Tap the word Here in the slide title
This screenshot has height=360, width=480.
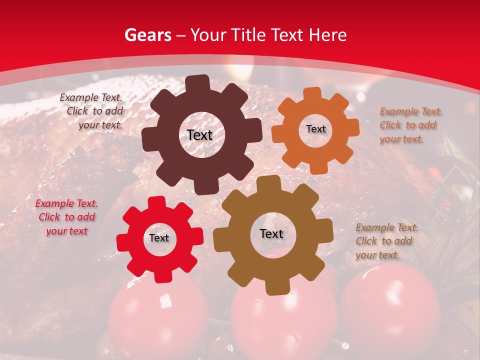(x=328, y=35)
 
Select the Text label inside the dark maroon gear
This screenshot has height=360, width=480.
(x=199, y=135)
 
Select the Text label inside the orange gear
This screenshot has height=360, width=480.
(x=315, y=129)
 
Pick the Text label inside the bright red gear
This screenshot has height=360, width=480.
(x=159, y=238)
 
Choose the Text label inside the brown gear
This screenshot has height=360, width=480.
(x=271, y=234)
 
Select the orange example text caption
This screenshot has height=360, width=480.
(x=410, y=125)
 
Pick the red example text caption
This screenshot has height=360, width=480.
(x=66, y=217)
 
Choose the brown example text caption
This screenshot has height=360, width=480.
(x=386, y=241)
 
